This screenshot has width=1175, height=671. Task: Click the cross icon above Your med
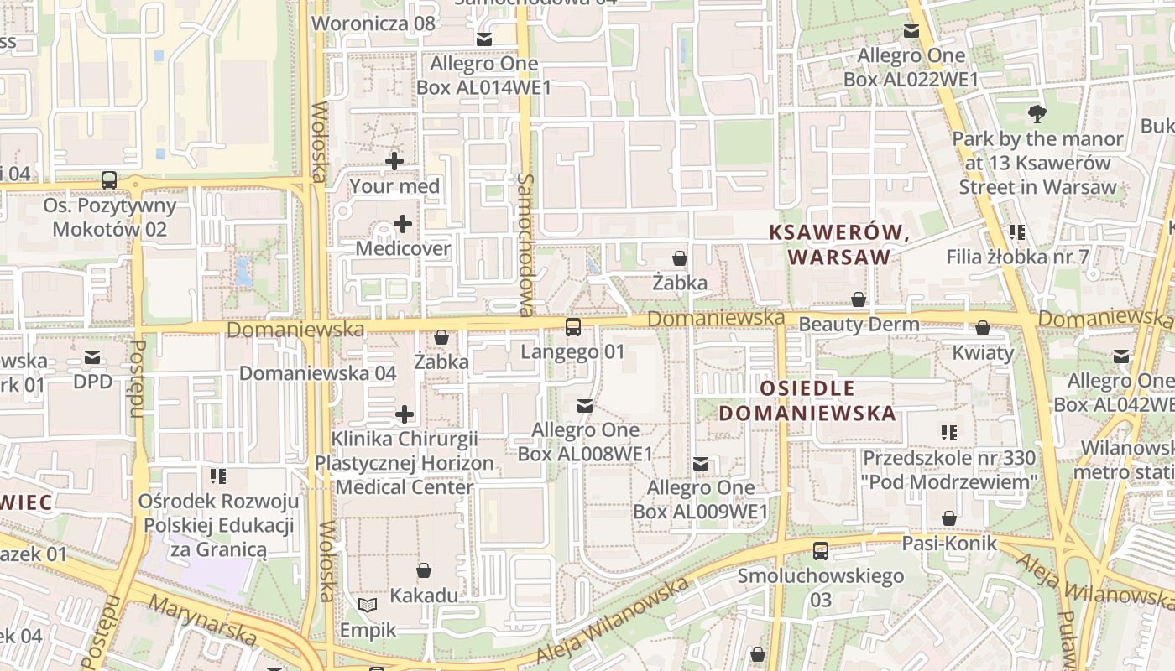pyautogui.click(x=394, y=160)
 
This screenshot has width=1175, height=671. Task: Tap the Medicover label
pyautogui.click(x=403, y=248)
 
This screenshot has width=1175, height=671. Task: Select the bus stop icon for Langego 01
pyautogui.click(x=573, y=327)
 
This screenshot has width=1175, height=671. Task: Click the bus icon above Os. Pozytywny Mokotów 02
pyautogui.click(x=109, y=180)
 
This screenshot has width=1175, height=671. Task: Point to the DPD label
pyautogui.click(x=92, y=382)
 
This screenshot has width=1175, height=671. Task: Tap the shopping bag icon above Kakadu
pyautogui.click(x=425, y=571)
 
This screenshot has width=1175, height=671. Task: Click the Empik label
pyautogui.click(x=366, y=628)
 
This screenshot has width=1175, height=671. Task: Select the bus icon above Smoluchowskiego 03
pyautogui.click(x=821, y=551)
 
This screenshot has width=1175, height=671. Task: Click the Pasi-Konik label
pyautogui.click(x=949, y=543)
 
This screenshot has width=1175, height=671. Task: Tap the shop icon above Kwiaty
pyautogui.click(x=983, y=328)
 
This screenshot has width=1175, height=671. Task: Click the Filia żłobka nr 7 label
pyautogui.click(x=1017, y=256)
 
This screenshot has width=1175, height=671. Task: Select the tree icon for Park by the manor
pyautogui.click(x=1037, y=114)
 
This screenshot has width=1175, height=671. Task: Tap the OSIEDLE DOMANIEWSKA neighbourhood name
pyautogui.click(x=807, y=400)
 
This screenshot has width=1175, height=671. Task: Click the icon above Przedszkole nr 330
pyautogui.click(x=949, y=433)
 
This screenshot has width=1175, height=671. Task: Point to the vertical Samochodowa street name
pyautogui.click(x=526, y=245)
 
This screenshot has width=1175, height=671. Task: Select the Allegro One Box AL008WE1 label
pyautogui.click(x=585, y=441)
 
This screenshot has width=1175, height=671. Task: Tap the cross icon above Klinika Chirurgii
pyautogui.click(x=405, y=414)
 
